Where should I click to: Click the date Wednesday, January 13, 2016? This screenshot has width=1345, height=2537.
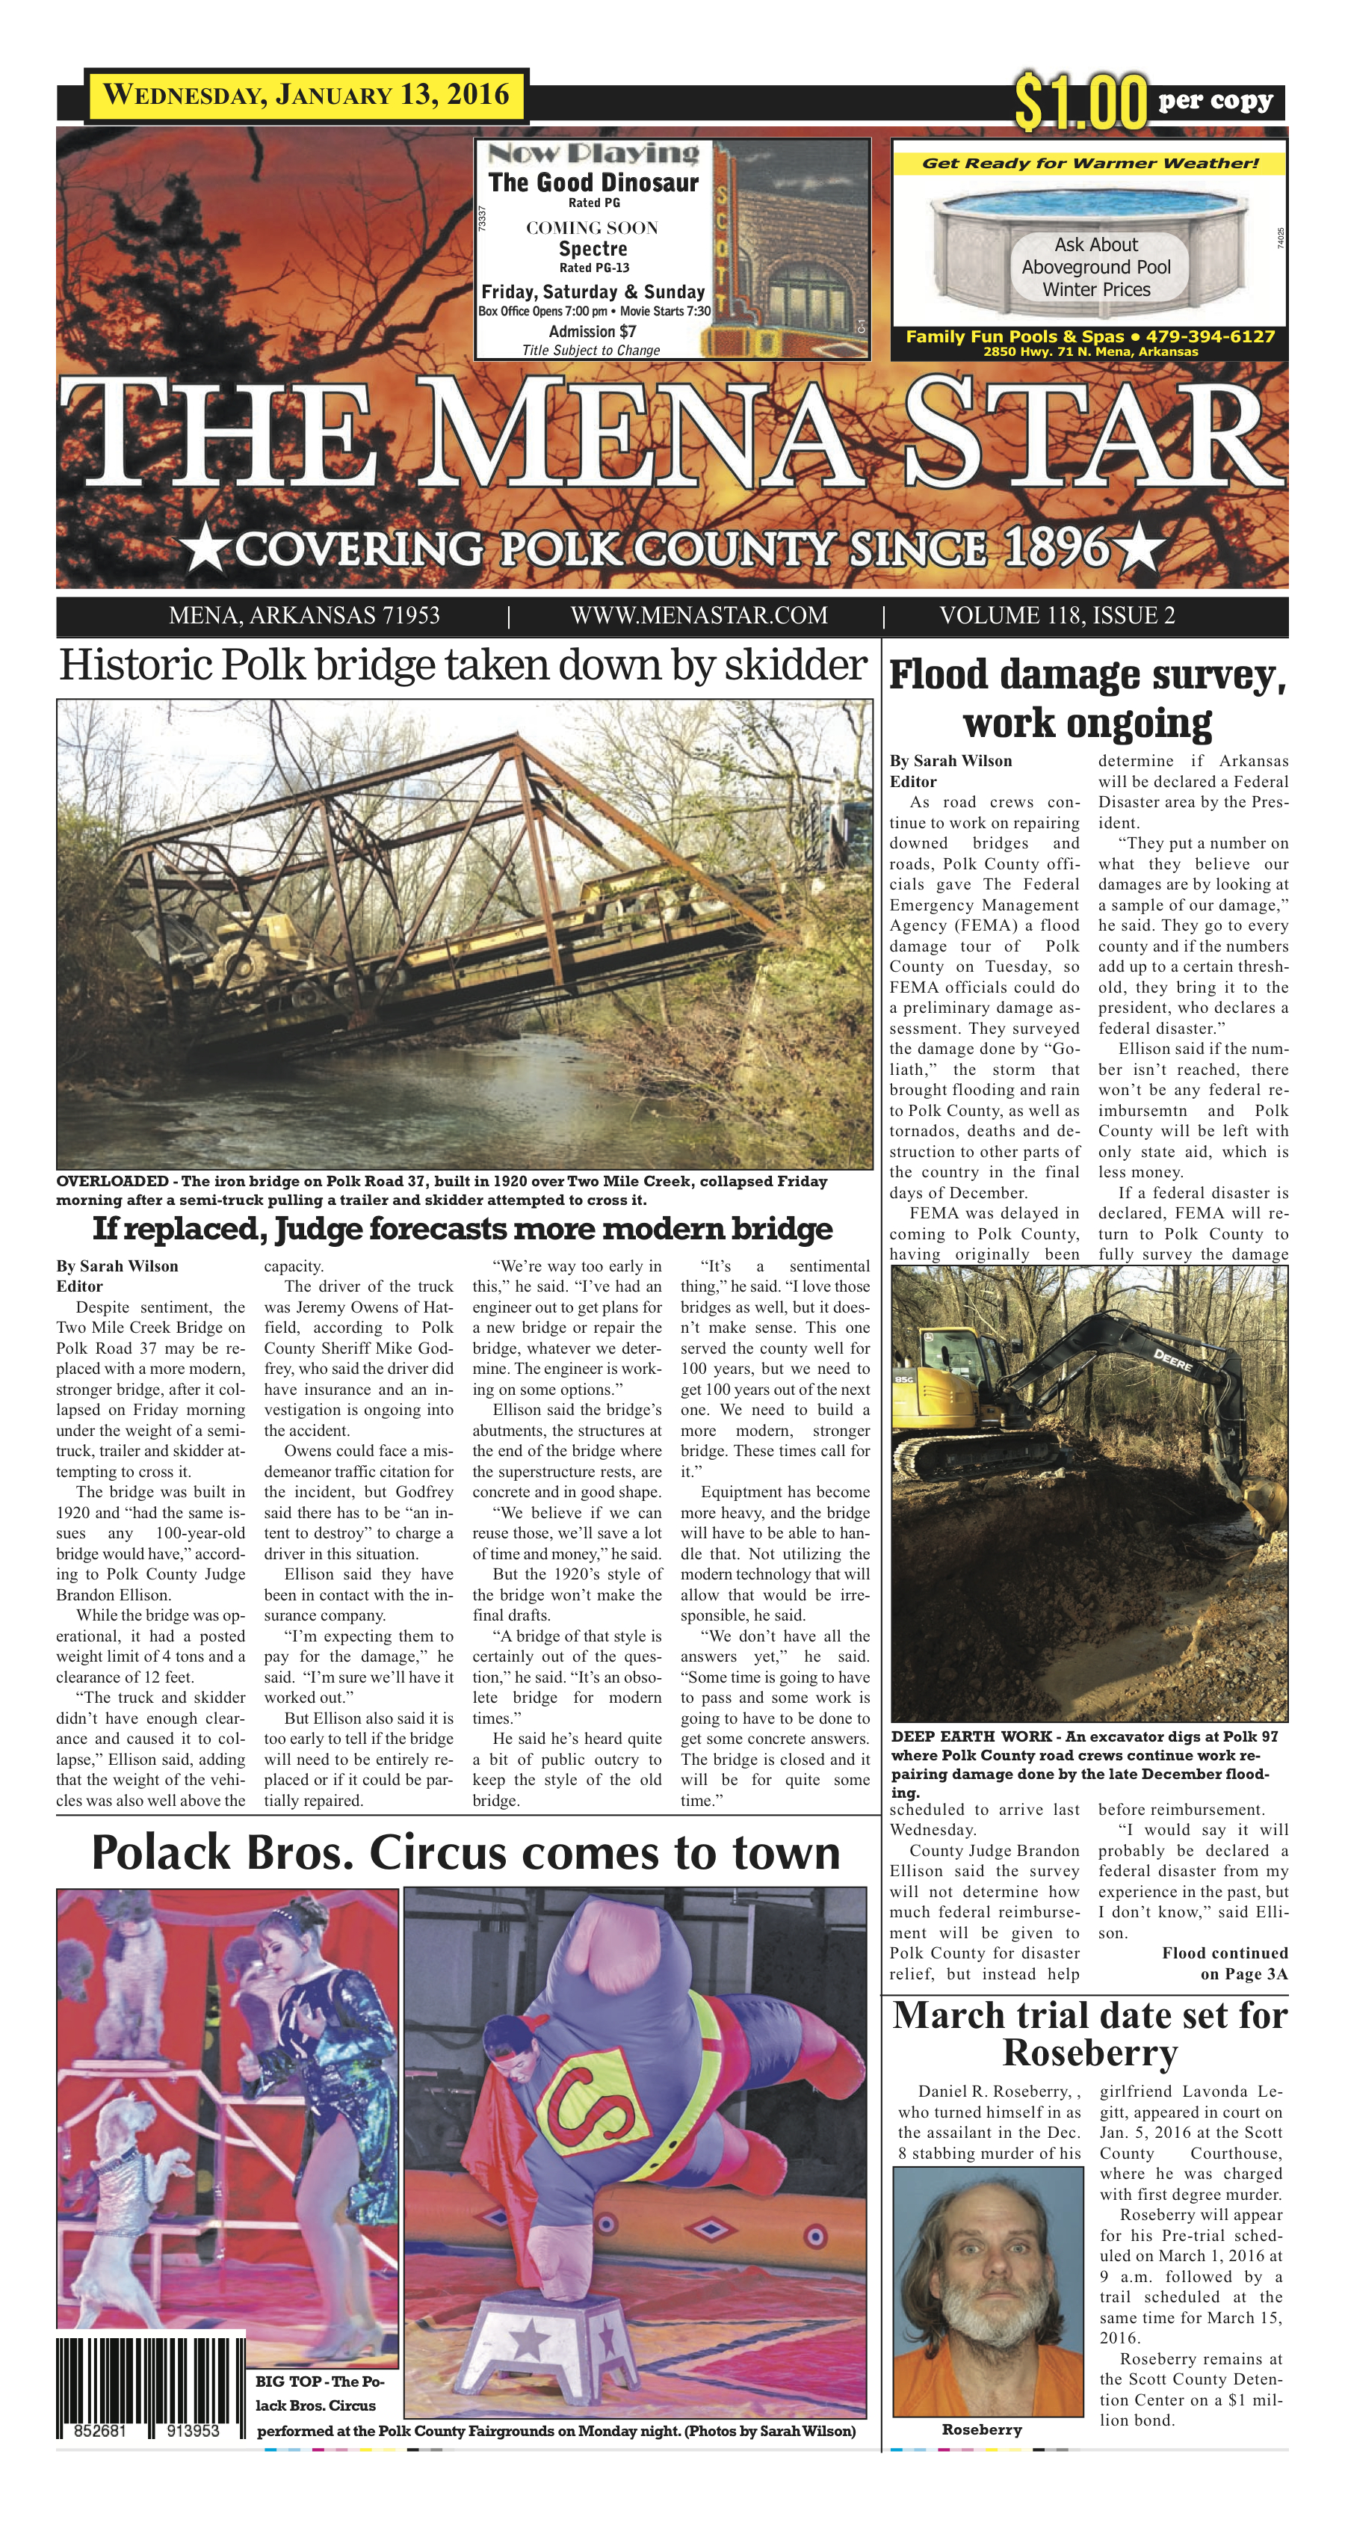pyautogui.click(x=306, y=96)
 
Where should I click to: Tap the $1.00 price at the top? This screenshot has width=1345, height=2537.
pyautogui.click(x=1081, y=102)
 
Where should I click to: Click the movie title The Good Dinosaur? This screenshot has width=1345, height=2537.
pyautogui.click(x=593, y=182)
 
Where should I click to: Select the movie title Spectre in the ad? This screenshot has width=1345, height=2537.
pyautogui.click(x=593, y=249)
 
